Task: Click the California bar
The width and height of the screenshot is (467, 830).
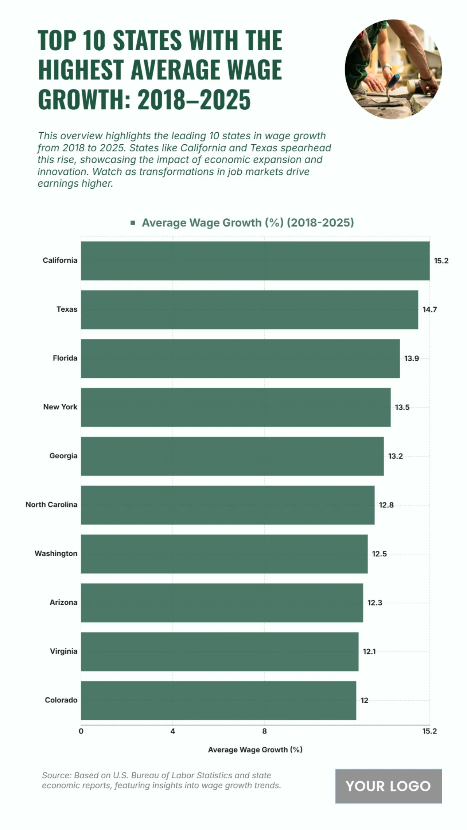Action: [x=255, y=261]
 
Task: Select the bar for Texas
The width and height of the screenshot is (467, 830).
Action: [x=249, y=310]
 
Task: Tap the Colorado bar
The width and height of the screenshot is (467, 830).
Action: [x=218, y=700]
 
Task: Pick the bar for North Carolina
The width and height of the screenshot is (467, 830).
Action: [x=228, y=505]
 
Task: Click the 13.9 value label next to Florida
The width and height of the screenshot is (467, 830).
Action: [x=411, y=358]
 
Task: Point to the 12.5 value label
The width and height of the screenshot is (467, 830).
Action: [x=379, y=554]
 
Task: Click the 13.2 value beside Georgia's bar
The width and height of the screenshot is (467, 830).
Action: [x=395, y=456]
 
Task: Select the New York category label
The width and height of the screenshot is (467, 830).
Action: [x=60, y=407]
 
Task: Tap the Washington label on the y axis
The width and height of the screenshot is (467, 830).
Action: [x=56, y=553]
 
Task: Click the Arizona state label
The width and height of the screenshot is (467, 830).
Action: [x=63, y=602]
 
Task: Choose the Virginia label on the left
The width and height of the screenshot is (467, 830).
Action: [x=63, y=651]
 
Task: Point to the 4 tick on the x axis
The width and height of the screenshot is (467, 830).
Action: [x=173, y=731]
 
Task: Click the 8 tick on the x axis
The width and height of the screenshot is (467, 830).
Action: [x=265, y=731]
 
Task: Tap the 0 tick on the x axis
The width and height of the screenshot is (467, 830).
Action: [x=81, y=731]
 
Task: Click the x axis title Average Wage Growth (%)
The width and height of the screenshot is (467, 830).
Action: [x=255, y=749]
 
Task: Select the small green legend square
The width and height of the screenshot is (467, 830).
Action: [x=133, y=223]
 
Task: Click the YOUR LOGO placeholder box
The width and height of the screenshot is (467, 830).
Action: [x=388, y=786]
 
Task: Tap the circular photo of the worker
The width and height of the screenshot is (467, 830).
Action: [x=393, y=69]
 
